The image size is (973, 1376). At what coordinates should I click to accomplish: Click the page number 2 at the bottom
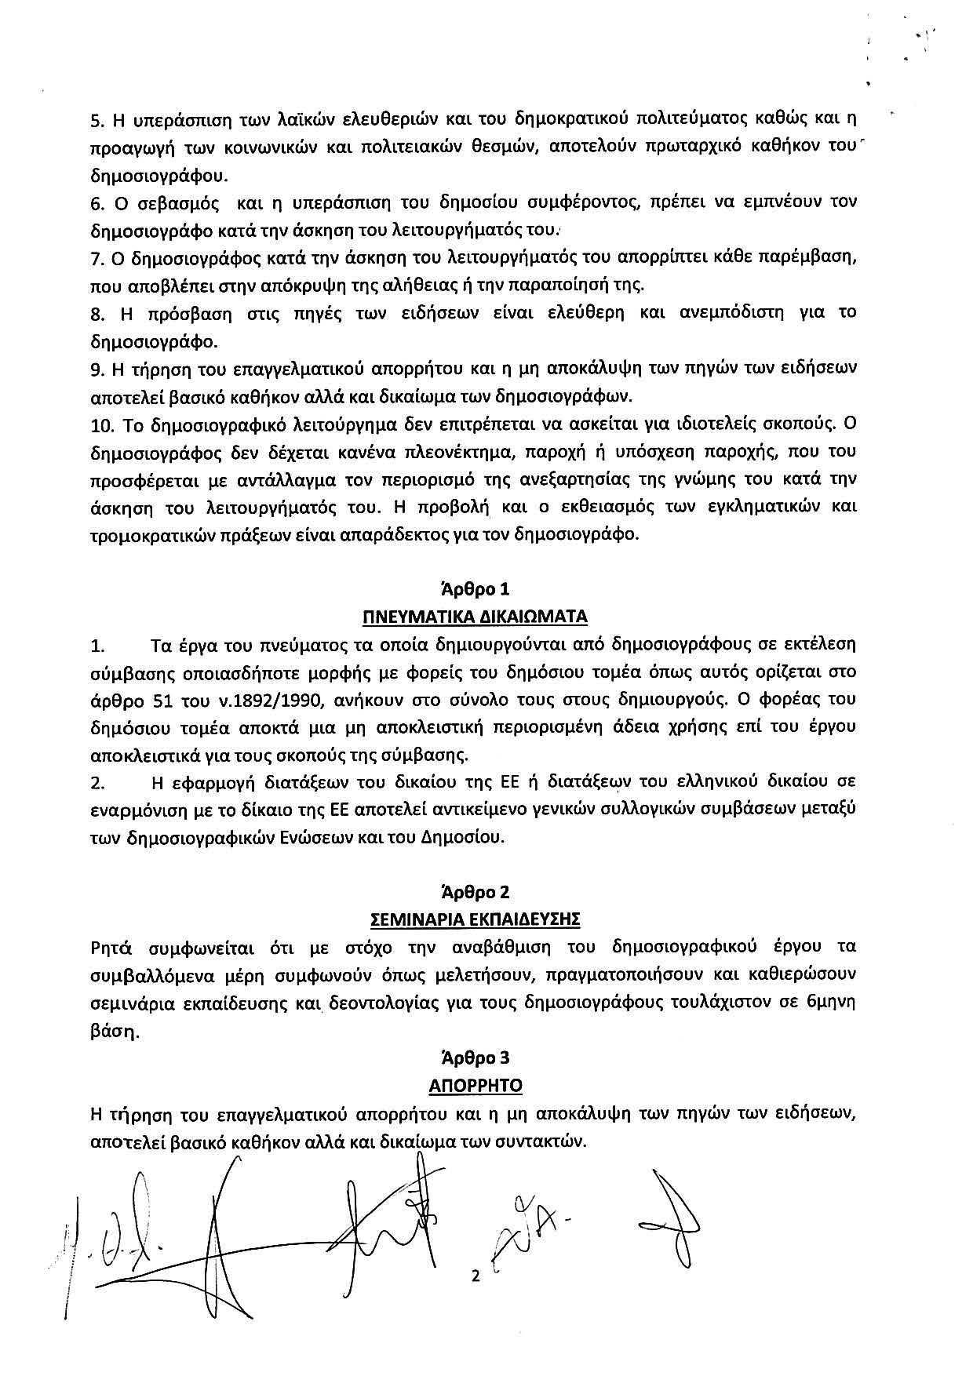point(475,1276)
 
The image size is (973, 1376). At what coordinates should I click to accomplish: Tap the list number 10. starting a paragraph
point(102,424)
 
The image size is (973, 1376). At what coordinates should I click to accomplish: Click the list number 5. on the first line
point(98,121)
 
